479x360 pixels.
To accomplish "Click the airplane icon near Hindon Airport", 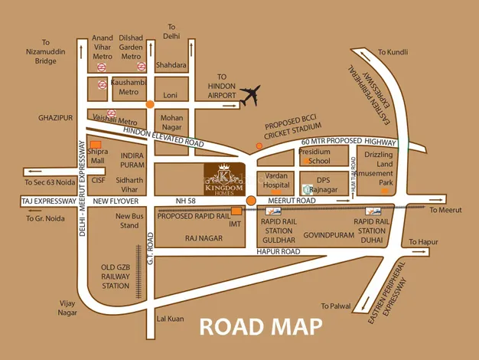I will click(250, 97).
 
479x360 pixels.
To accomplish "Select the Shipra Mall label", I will click(99, 156).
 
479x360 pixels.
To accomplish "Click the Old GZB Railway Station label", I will click(116, 277).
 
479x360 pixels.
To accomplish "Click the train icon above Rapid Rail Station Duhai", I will click(373, 211).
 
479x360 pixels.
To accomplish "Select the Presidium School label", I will click(314, 156).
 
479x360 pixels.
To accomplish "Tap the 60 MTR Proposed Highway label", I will click(348, 142).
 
